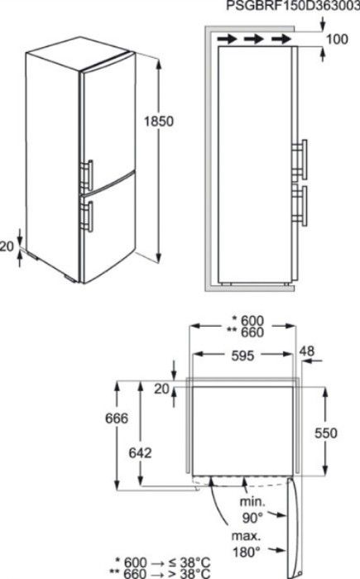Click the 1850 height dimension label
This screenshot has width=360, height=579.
(x=159, y=121)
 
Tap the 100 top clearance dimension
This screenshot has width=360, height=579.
(x=337, y=39)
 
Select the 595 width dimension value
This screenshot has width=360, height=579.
(x=242, y=356)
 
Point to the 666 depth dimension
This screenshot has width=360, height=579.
(x=117, y=418)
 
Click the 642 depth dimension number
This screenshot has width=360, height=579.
(x=140, y=452)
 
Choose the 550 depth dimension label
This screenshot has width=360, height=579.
(x=326, y=433)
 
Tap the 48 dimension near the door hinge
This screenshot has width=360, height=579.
(x=307, y=351)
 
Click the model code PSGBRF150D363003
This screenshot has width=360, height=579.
(x=293, y=6)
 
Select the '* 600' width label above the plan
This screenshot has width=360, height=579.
(x=247, y=321)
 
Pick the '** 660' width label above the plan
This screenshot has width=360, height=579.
(x=246, y=333)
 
